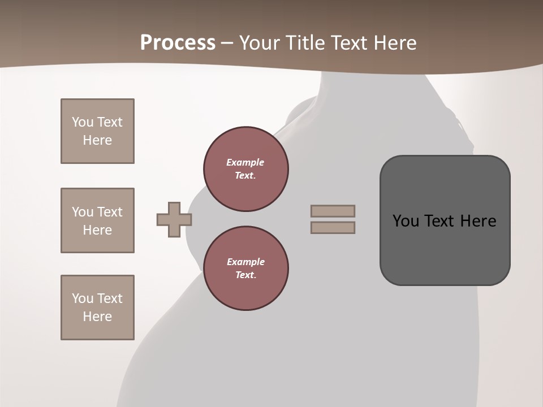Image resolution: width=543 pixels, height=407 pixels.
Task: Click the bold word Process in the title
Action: (x=178, y=43)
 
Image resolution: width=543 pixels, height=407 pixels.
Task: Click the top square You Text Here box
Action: (x=97, y=131)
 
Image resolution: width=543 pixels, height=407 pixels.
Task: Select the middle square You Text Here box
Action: (x=97, y=220)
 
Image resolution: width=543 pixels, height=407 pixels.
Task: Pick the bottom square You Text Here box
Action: (x=97, y=308)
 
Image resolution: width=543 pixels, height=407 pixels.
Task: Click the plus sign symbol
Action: (x=174, y=219)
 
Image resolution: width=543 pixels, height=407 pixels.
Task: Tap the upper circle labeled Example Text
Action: (x=246, y=169)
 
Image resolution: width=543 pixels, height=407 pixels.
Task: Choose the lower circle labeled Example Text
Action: (x=246, y=269)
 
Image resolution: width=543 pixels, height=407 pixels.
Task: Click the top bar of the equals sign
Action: (x=333, y=211)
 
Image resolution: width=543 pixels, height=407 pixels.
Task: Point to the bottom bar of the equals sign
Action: (x=333, y=228)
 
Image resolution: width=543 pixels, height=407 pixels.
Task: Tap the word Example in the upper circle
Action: (x=245, y=162)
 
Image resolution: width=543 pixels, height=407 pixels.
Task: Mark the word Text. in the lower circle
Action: (x=245, y=275)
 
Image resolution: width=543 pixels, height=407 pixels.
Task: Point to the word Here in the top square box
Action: (x=97, y=140)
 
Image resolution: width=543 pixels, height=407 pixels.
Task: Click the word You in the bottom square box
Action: (x=83, y=298)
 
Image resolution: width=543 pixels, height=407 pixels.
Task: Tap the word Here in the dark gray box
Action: (x=478, y=221)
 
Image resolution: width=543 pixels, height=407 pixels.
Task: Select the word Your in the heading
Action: (x=257, y=43)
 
